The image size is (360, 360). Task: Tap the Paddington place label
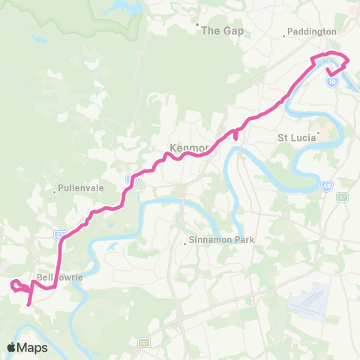(x=312, y=32)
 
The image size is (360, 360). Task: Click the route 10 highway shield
(x=331, y=81)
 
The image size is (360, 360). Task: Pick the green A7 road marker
(x=343, y=196)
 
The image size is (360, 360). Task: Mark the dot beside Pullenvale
(x=55, y=192)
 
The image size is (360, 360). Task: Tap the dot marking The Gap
(x=198, y=25)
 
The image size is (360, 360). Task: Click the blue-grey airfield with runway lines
(x=310, y=299)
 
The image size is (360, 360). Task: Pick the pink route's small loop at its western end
(x=16, y=283)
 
